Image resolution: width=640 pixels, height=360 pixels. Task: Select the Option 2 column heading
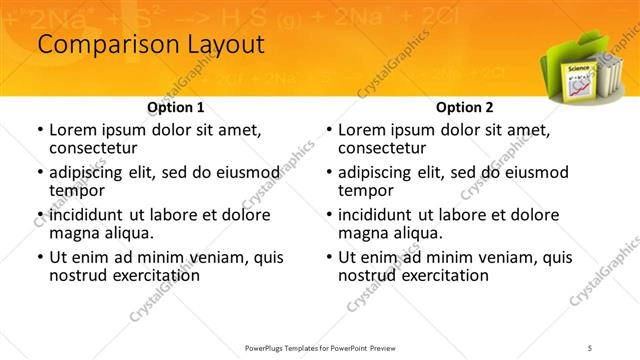click(x=464, y=107)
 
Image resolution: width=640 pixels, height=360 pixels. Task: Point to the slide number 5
click(x=591, y=348)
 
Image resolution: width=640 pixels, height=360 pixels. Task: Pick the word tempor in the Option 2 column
click(x=364, y=190)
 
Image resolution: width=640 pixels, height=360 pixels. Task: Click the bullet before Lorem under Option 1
click(x=39, y=131)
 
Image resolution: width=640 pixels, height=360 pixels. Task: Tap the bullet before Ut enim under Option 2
click(x=328, y=257)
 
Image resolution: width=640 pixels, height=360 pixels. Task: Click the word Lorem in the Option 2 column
click(x=362, y=131)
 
